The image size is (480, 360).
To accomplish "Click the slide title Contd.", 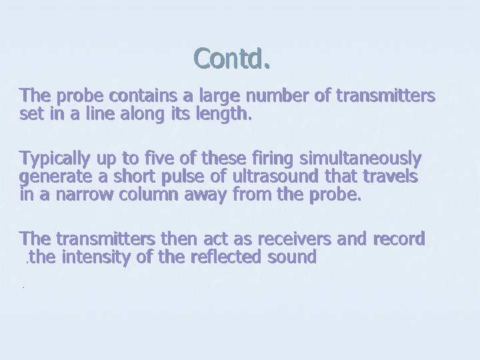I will pos(232,59).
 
